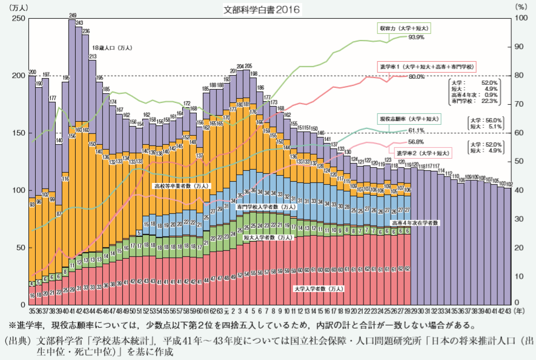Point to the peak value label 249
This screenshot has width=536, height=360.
click(x=72, y=15)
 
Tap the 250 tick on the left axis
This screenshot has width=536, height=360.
click(x=18, y=19)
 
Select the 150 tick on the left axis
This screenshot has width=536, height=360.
click(x=18, y=133)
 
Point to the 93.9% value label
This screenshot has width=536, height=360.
click(x=416, y=37)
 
